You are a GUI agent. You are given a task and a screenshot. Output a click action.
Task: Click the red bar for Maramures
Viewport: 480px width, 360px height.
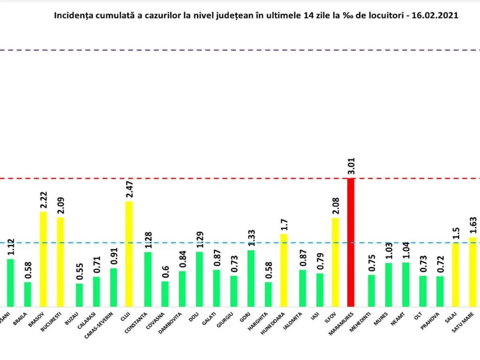351,242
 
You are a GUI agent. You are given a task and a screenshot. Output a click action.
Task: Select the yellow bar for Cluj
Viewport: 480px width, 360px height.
129,254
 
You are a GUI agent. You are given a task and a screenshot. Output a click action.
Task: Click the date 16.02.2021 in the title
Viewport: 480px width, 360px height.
439,16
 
